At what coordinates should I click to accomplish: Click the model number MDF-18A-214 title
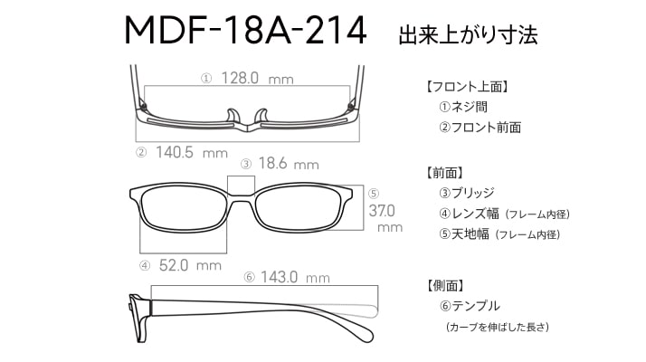point(245,31)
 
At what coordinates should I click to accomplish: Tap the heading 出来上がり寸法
point(468,34)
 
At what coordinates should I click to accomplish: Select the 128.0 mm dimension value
point(258,78)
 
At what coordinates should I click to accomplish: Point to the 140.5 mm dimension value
point(192,153)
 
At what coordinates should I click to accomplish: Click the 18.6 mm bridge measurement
point(289,164)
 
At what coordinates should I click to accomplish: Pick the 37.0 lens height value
point(382,211)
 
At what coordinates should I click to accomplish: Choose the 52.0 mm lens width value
point(190,265)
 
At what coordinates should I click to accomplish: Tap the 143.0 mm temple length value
point(295,277)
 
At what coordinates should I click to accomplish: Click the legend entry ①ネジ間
point(463,107)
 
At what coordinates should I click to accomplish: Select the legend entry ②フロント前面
point(480,128)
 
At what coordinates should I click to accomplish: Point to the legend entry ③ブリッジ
point(466,193)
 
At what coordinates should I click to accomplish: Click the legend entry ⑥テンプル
point(470,306)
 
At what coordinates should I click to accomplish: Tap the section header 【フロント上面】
point(466,87)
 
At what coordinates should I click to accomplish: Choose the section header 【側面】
point(446,285)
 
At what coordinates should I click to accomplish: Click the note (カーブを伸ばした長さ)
point(498,327)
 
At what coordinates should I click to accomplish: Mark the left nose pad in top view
point(233,116)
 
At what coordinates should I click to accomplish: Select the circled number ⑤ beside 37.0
point(374,194)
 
